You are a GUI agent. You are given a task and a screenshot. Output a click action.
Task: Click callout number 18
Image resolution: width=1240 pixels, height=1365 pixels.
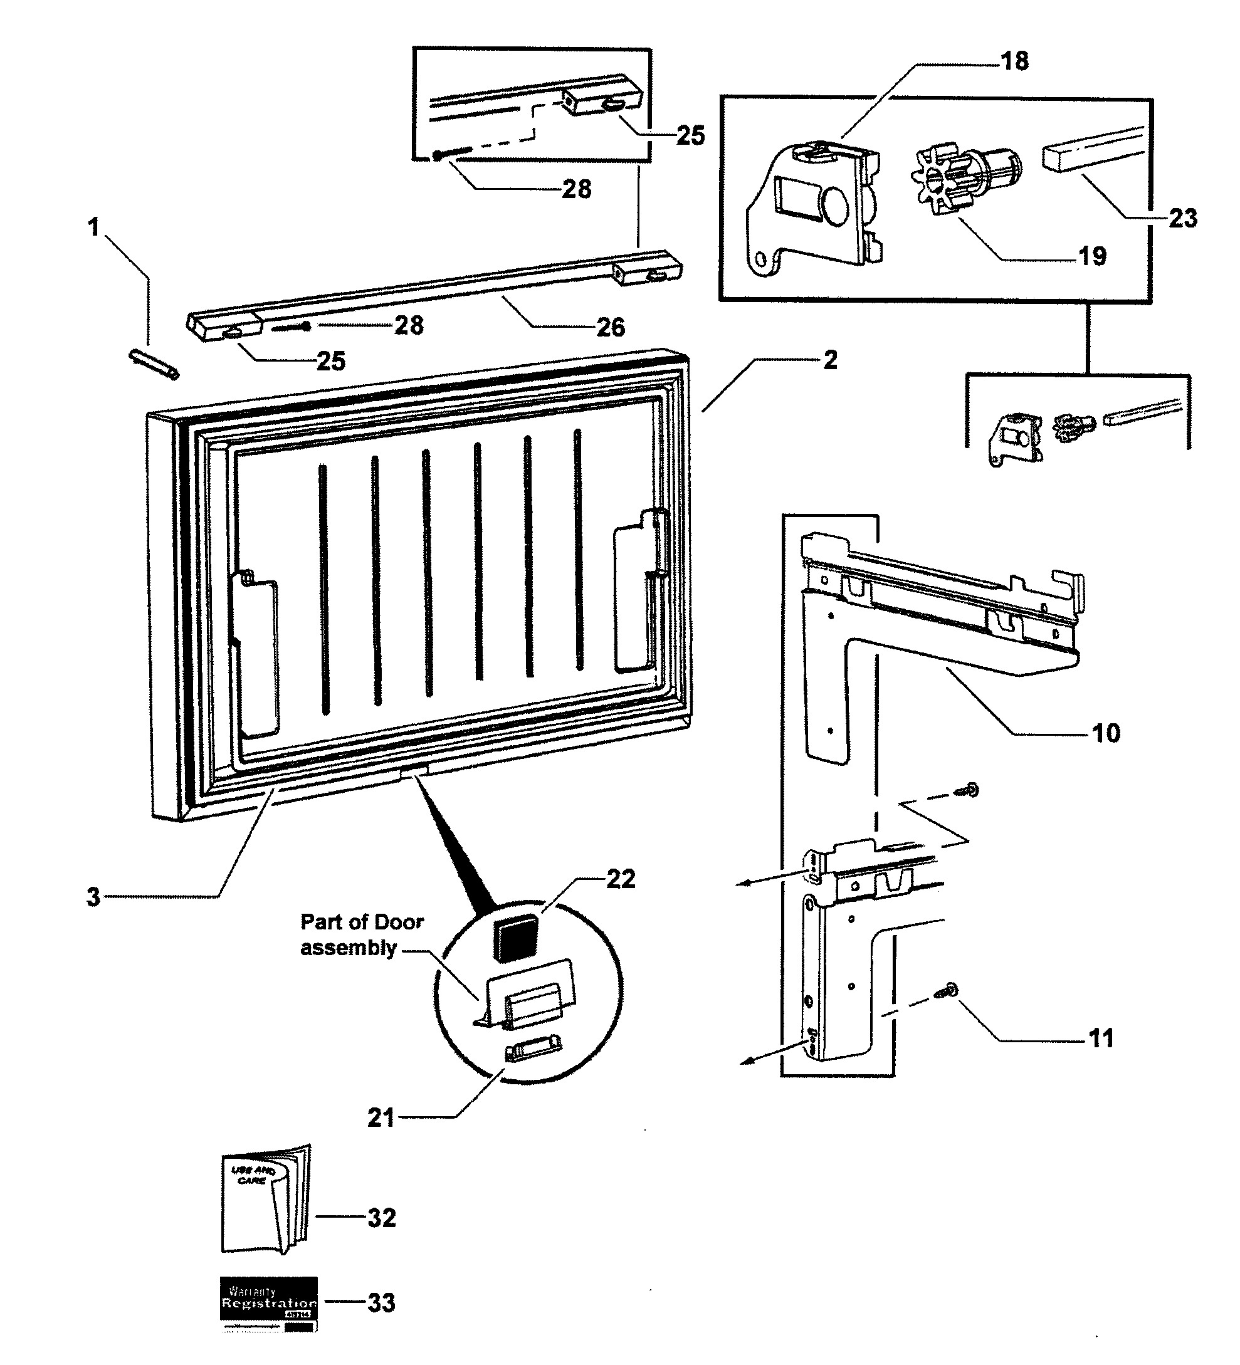[1014, 61]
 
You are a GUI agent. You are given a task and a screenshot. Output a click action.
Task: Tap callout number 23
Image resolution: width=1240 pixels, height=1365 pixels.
[1182, 219]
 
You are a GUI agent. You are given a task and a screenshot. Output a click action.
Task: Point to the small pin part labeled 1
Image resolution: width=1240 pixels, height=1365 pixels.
[154, 364]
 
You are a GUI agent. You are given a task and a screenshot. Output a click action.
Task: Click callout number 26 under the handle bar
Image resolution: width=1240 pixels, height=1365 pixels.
[610, 328]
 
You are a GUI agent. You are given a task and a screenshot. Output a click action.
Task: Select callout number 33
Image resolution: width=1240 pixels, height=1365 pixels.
[381, 1303]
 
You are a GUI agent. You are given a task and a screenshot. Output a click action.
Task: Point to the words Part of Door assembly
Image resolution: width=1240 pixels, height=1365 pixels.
[362, 934]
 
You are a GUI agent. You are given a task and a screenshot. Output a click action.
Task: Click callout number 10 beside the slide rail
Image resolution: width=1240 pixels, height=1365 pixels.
[1106, 733]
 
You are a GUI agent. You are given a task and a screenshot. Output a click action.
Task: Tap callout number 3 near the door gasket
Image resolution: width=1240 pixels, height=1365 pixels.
[93, 897]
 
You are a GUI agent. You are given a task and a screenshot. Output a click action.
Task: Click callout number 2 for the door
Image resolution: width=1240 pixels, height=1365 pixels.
[830, 360]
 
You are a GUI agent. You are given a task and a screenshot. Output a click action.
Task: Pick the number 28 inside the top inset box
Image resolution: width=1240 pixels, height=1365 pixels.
[576, 189]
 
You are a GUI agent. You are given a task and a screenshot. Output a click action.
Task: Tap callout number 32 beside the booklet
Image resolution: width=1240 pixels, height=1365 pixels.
[381, 1218]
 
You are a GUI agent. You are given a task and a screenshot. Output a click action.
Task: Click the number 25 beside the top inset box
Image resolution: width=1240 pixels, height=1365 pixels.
[690, 135]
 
